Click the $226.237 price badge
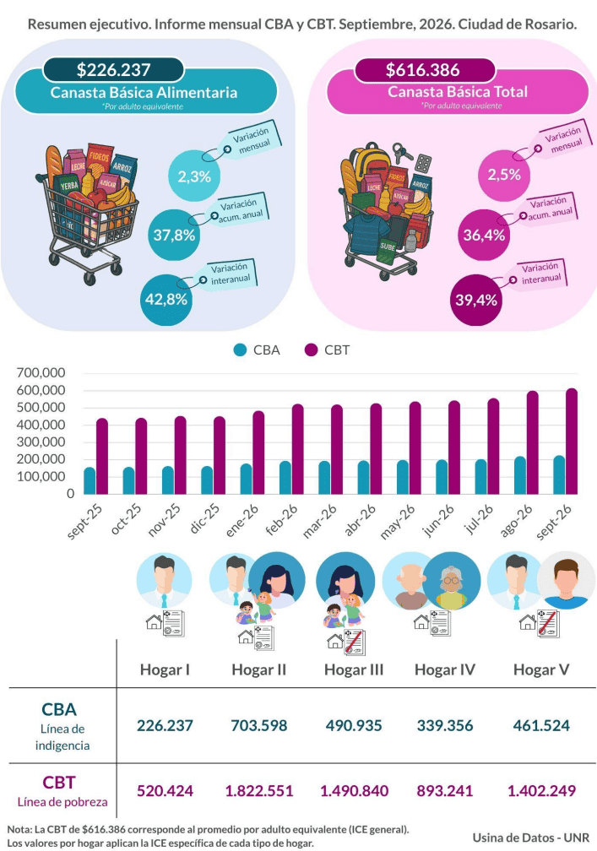113,70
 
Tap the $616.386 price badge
423,69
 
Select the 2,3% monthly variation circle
193,176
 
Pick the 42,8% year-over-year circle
166,299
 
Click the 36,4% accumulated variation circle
484,235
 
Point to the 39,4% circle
476,301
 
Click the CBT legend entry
327,350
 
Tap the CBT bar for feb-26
297,449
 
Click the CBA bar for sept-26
559,474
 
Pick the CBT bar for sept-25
102,457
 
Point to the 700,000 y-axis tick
41,373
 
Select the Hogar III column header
354,669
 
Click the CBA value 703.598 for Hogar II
259,726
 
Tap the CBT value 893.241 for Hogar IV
445,791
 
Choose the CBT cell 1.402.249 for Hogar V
541,791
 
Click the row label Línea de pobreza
62,802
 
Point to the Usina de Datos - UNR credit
531,837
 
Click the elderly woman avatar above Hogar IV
452,581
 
